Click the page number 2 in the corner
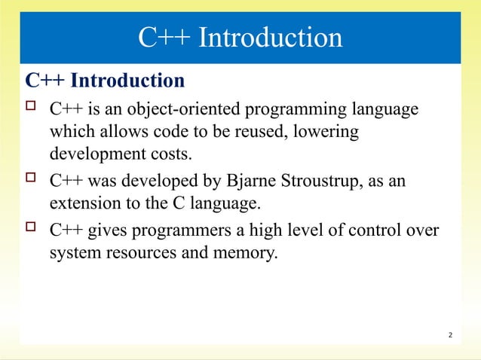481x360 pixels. tap(449, 334)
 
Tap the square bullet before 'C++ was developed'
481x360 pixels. tap(31, 181)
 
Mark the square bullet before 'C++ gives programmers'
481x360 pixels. tap(31, 229)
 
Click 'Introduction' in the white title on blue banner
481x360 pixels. tap(269, 37)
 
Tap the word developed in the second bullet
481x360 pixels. tap(153, 182)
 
